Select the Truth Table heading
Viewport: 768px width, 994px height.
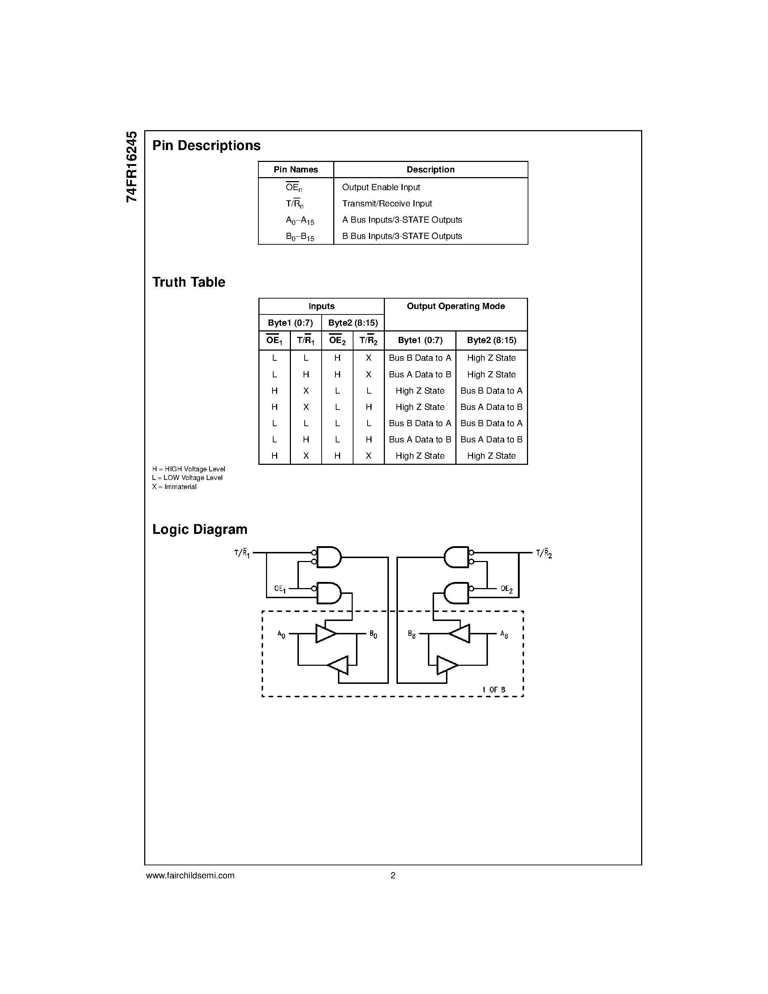188,282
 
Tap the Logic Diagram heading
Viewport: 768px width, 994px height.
200,529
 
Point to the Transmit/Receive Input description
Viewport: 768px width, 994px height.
387,203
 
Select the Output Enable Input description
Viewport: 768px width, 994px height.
381,187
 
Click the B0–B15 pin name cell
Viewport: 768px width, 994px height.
300,237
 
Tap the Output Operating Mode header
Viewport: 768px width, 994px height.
455,306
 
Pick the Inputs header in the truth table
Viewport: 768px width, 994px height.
321,306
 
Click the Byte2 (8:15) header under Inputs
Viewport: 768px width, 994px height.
353,323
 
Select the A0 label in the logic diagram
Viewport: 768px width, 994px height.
281,634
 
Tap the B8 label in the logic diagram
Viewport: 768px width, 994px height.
412,634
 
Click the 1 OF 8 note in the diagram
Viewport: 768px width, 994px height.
494,690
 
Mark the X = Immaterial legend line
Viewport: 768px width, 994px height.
174,487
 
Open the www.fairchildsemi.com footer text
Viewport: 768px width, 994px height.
190,875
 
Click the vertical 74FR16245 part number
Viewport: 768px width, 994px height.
132,167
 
